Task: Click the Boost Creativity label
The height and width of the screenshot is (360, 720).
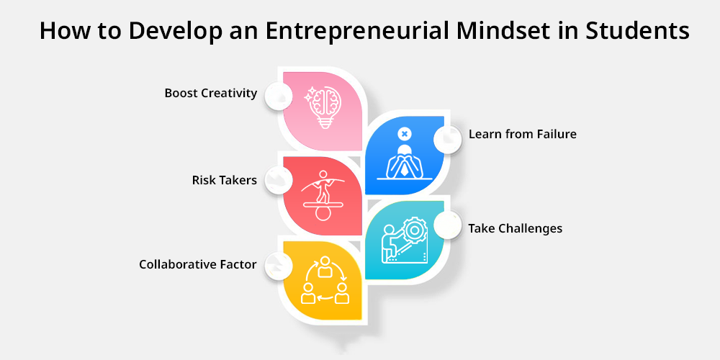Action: coord(211,93)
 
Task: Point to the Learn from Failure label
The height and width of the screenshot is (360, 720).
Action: coord(523,134)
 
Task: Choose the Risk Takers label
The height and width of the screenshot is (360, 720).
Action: coord(225,180)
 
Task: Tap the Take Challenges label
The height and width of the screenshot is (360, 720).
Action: coord(516,228)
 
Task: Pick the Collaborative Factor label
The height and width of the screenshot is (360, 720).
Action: coord(198,264)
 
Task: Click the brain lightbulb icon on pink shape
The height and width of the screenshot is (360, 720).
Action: coord(324,107)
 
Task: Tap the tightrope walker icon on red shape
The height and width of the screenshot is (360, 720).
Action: coord(323,195)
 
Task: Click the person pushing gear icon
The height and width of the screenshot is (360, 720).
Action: coord(405,240)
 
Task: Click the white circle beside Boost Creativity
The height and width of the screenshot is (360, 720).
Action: coord(278,96)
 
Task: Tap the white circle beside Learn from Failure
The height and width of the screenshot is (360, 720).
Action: coord(448,140)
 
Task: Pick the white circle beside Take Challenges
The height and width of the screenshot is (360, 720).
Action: coord(448,225)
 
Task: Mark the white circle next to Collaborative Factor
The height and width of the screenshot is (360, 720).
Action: coord(278,266)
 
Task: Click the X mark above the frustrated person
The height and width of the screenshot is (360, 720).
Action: coord(404,134)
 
